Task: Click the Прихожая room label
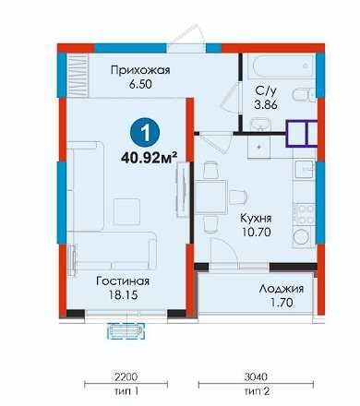click(140, 70)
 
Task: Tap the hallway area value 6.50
click(140, 84)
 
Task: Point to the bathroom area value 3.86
click(266, 105)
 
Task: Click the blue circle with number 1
click(145, 133)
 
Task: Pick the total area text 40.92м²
click(150, 158)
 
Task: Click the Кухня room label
click(256, 219)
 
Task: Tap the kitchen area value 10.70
click(256, 232)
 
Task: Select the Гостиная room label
click(123, 281)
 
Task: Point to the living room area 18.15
click(123, 295)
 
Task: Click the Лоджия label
click(282, 289)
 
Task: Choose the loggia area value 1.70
click(282, 303)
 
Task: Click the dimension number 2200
click(126, 376)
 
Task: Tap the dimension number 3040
click(256, 376)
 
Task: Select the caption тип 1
click(126, 391)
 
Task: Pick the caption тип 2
click(257, 391)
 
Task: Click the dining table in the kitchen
click(210, 197)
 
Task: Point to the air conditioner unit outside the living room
click(126, 331)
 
